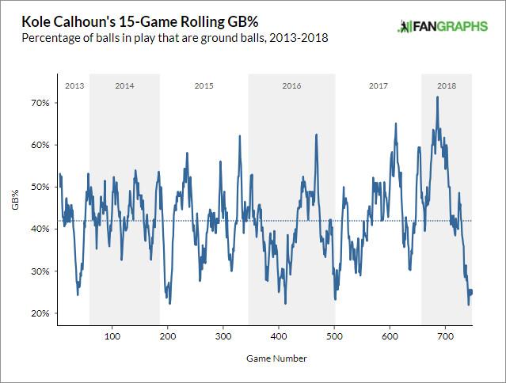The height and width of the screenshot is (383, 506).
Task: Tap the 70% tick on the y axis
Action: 40,103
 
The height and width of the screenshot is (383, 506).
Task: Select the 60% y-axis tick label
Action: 40,145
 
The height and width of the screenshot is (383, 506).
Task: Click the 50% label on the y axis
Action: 40,187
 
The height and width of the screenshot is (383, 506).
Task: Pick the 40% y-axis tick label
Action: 40,229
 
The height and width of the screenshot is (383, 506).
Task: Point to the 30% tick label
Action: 40,271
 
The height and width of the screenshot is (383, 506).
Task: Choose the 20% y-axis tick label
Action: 40,313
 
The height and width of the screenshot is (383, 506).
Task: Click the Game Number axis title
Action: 265,358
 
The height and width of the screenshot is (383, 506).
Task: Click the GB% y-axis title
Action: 15,199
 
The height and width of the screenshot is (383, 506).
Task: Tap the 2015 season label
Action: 204,85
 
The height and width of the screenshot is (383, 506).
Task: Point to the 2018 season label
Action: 446,85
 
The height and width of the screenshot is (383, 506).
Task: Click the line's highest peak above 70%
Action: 437,97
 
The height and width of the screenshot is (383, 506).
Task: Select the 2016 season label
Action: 291,85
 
